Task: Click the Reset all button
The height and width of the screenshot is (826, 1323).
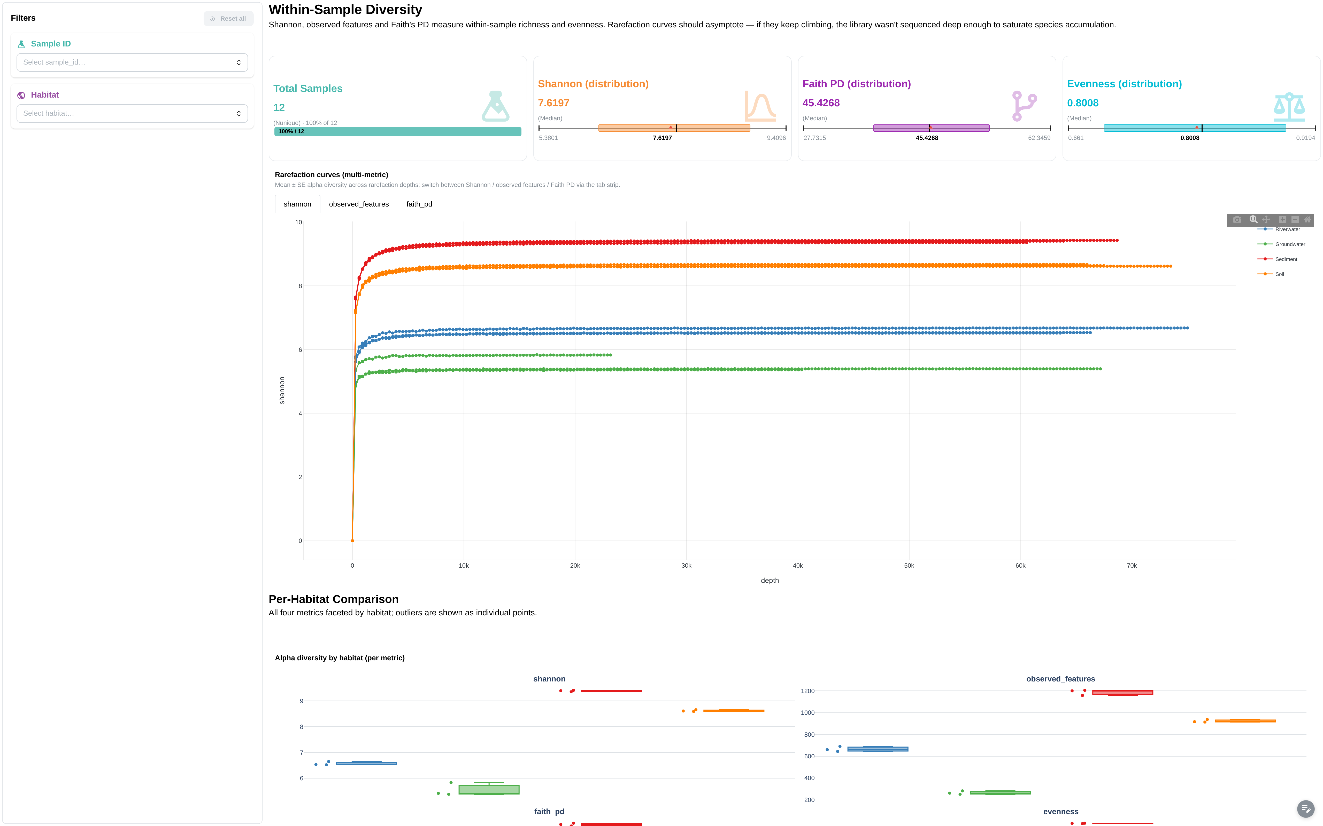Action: (228, 19)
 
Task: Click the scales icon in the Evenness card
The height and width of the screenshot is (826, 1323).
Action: (1289, 107)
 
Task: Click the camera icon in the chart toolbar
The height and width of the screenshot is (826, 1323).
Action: (1237, 220)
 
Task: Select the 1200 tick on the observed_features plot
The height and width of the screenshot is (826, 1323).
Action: (807, 691)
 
